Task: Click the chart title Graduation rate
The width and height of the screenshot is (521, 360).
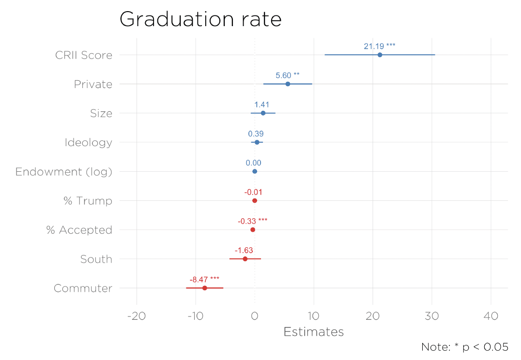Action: (x=200, y=19)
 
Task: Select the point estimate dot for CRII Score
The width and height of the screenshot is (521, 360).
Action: (x=380, y=55)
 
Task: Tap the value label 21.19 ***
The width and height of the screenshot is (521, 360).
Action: (x=379, y=46)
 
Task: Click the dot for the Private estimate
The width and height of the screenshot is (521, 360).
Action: (x=288, y=84)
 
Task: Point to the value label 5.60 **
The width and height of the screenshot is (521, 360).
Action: (x=287, y=75)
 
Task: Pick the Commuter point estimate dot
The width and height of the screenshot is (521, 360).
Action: (x=204, y=288)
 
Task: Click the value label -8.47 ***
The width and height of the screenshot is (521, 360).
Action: (x=204, y=280)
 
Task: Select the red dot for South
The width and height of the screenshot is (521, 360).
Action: (x=245, y=259)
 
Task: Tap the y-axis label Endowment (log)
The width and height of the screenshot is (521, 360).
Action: (x=63, y=172)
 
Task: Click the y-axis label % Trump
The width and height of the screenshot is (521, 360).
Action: (x=88, y=201)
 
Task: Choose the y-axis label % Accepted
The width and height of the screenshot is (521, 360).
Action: (x=79, y=230)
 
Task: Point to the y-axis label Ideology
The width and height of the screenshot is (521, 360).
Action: (x=88, y=143)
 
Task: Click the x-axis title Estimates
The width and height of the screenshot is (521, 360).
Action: (x=313, y=332)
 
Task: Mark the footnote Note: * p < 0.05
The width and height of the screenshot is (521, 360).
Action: (x=464, y=347)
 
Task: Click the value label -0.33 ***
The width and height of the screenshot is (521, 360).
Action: (x=252, y=221)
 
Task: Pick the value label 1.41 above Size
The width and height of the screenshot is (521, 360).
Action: (x=261, y=105)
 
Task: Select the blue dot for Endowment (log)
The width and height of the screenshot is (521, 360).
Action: (x=255, y=171)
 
